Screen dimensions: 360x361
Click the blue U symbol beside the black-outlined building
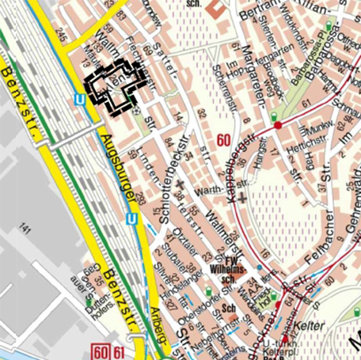coord(79,99)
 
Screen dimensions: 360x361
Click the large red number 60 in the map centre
coord(223,141)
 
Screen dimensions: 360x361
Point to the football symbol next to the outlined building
coord(136,112)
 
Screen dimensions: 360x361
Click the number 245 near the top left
coord(62,36)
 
